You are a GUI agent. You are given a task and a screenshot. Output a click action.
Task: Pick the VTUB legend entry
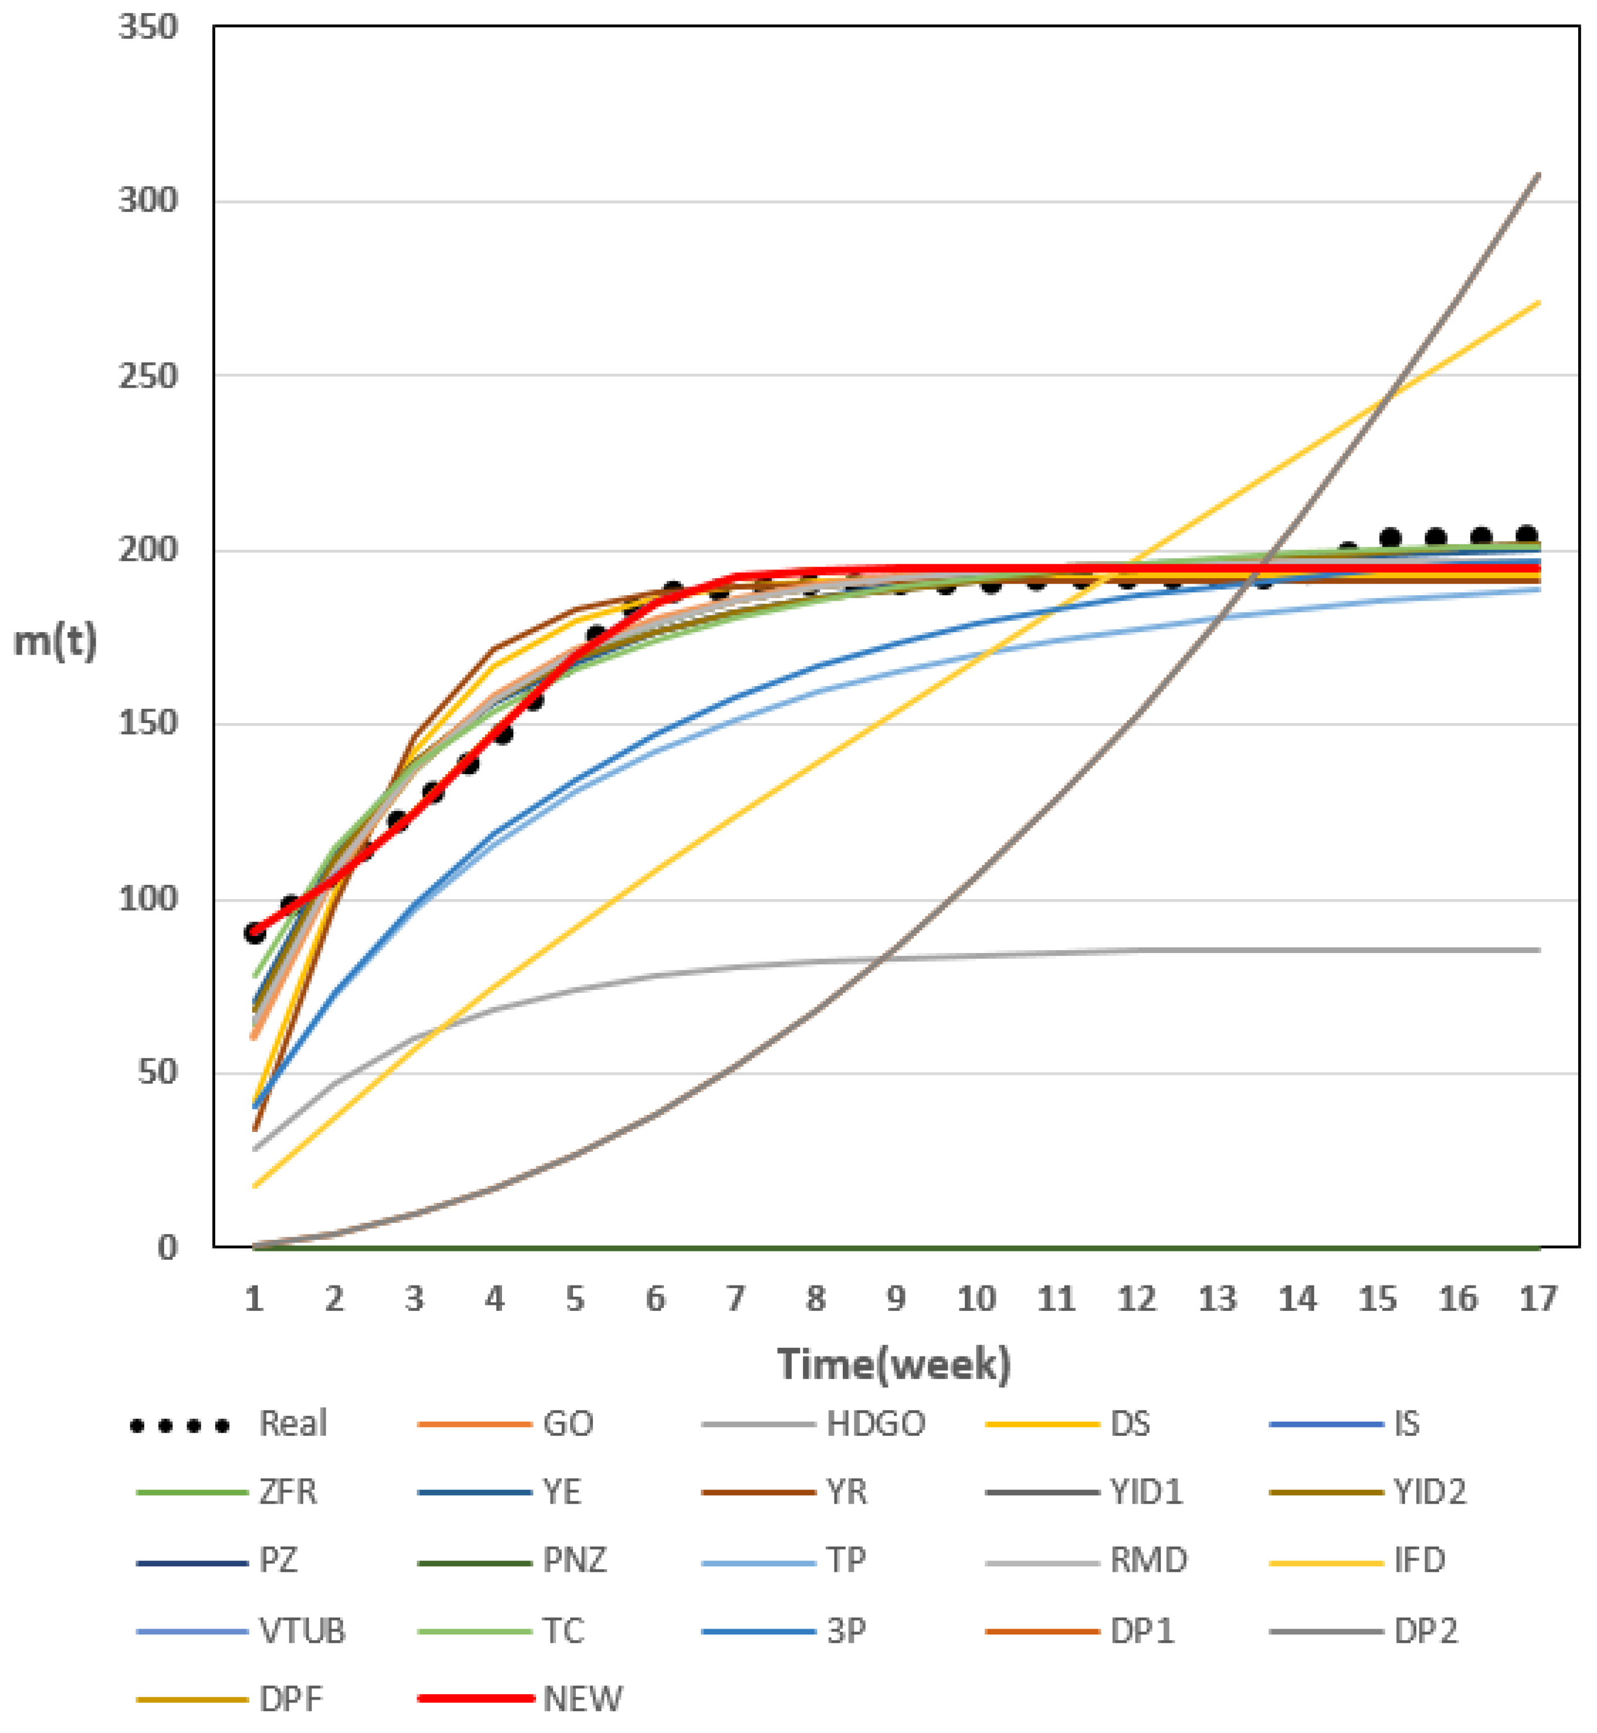coord(301,1631)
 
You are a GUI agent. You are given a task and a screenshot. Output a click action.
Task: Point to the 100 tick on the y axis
coord(148,899)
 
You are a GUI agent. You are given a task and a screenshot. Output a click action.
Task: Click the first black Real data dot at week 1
coord(254,932)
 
